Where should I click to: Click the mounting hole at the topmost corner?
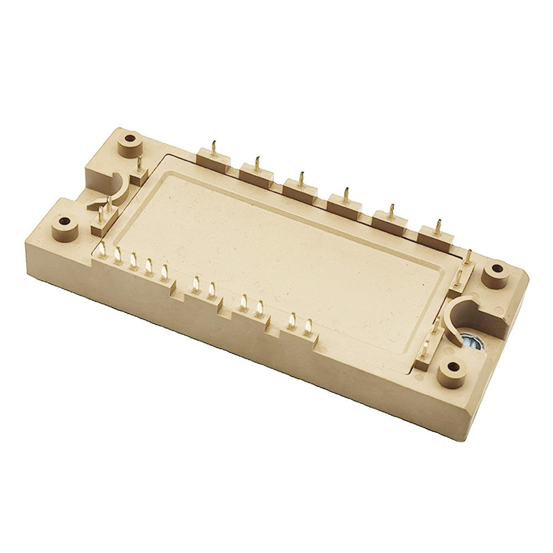(131, 137)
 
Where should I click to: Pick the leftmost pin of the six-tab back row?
(213, 149)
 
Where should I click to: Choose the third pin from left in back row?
(302, 180)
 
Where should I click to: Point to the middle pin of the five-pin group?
(133, 260)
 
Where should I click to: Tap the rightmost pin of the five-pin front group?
(163, 270)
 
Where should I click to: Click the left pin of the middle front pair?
(243, 302)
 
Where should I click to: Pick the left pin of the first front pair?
(194, 285)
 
